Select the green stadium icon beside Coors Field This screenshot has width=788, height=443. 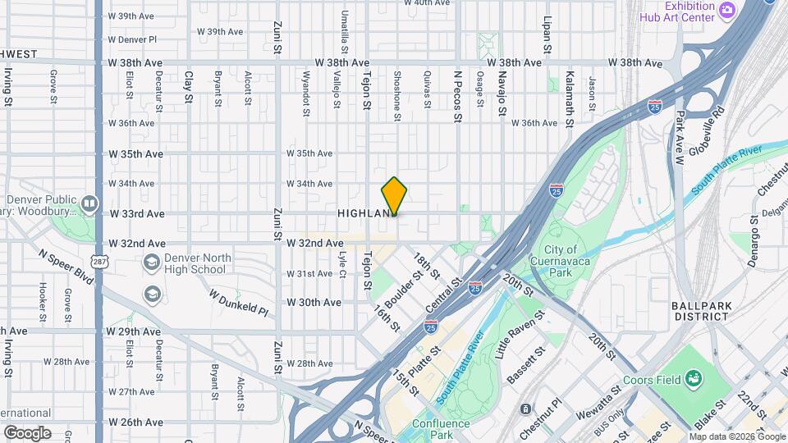pyautogui.click(x=694, y=378)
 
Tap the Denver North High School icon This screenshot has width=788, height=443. pyautogui.click(x=151, y=263)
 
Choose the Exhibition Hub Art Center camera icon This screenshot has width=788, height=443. pyautogui.click(x=726, y=10)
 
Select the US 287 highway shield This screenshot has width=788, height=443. pyautogui.click(x=98, y=262)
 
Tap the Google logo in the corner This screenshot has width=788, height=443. pyautogui.click(x=27, y=432)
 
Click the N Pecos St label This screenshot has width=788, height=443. pyautogui.click(x=458, y=96)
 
